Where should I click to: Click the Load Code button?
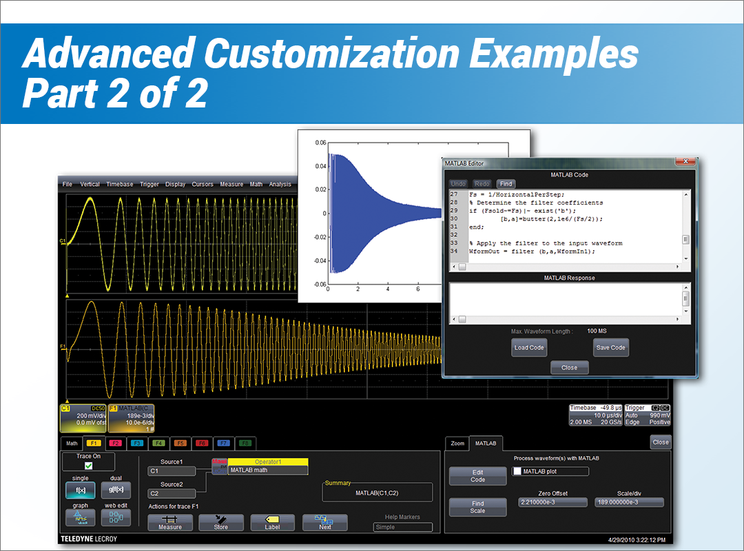(x=529, y=348)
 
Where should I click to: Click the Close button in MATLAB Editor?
(x=569, y=368)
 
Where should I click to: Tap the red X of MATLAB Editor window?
(x=684, y=162)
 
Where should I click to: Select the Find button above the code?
(x=506, y=184)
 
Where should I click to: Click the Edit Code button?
(x=477, y=476)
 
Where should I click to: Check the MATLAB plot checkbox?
(x=518, y=472)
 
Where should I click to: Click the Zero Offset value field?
(x=552, y=503)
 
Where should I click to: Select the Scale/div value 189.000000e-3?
(x=628, y=503)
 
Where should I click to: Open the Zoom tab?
(x=457, y=443)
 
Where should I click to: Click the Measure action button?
(x=170, y=522)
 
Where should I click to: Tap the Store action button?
(x=221, y=522)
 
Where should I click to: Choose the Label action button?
(x=273, y=522)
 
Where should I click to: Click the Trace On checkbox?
(x=88, y=466)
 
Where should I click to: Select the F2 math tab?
(x=115, y=443)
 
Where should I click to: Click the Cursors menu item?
(x=203, y=185)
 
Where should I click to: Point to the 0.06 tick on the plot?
(x=320, y=143)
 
